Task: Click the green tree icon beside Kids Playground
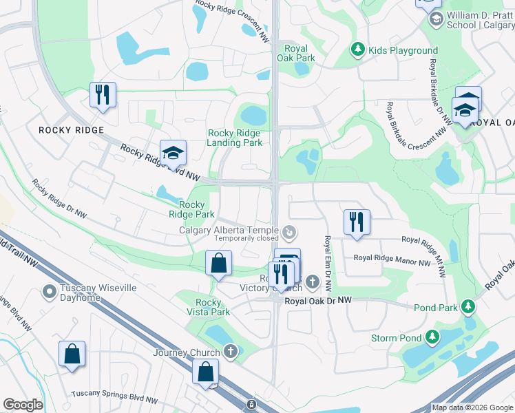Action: tap(357, 50)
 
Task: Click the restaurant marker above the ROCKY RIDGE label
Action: tap(103, 95)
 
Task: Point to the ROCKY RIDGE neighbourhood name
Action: tap(71, 130)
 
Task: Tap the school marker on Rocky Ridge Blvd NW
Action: tap(174, 153)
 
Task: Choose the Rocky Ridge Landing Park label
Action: tap(235, 138)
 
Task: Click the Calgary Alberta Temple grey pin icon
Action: tap(290, 231)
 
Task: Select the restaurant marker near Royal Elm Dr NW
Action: tap(357, 222)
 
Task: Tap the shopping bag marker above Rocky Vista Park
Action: tap(218, 263)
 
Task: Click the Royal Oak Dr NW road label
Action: tap(318, 301)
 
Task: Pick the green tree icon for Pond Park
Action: tap(468, 306)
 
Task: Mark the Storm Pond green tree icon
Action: tap(432, 337)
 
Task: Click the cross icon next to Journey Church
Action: tap(231, 352)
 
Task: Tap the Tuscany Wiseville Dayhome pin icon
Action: tap(49, 292)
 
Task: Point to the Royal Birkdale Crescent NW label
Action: tap(419, 114)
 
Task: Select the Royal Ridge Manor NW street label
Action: tap(391, 258)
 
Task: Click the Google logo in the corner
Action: tap(23, 405)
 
